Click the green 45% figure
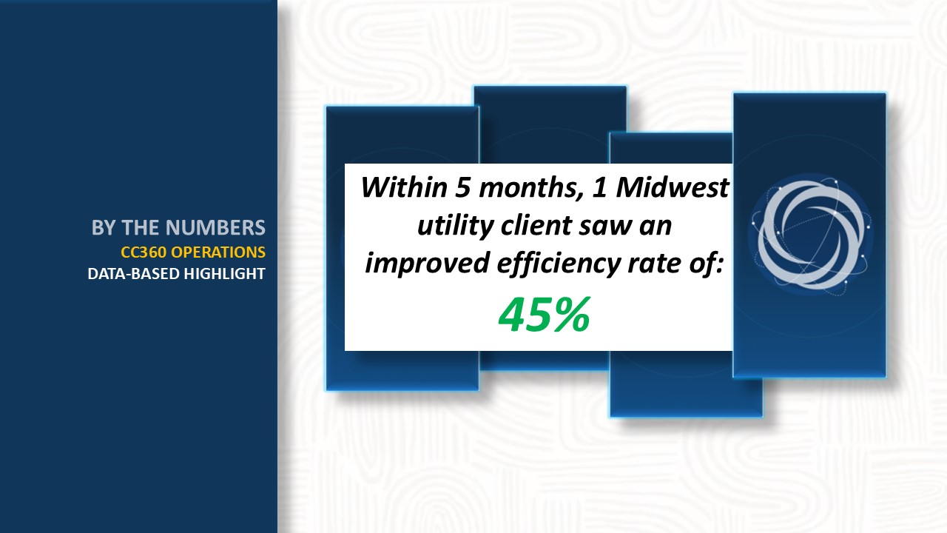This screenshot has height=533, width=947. pyautogui.click(x=545, y=315)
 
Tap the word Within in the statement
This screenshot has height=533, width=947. pyautogui.click(x=404, y=187)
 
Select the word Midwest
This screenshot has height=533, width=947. pyautogui.click(x=673, y=187)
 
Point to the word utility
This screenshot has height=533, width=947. pyautogui.click(x=455, y=226)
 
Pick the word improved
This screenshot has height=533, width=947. pyautogui.click(x=427, y=263)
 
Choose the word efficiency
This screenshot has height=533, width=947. pyautogui.click(x=559, y=263)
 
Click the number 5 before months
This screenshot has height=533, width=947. pyautogui.click(x=462, y=187)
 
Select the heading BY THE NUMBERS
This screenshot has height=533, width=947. pyautogui.click(x=178, y=227)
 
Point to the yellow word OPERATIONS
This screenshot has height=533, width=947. pyautogui.click(x=218, y=252)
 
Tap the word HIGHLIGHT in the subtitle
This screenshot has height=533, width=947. pyautogui.click(x=224, y=274)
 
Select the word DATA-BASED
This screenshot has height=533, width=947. pyautogui.click(x=134, y=274)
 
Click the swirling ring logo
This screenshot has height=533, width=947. pyautogui.click(x=810, y=235)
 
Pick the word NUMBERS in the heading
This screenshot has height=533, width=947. pyautogui.click(x=215, y=227)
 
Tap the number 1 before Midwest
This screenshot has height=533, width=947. pyautogui.click(x=599, y=187)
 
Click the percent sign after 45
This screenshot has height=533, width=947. pyautogui.click(x=573, y=315)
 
